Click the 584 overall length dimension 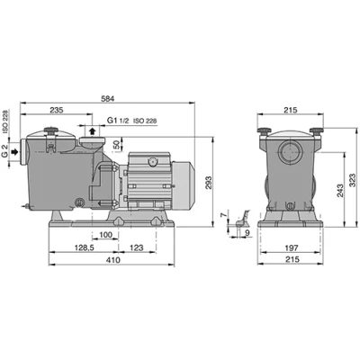[107, 98]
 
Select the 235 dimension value [57, 110]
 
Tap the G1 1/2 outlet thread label [118, 121]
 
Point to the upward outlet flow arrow [93, 130]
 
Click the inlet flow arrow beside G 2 [14, 152]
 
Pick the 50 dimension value [117, 145]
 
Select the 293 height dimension [208, 183]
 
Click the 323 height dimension [353, 180]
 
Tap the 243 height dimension [340, 191]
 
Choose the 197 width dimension [292, 247]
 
